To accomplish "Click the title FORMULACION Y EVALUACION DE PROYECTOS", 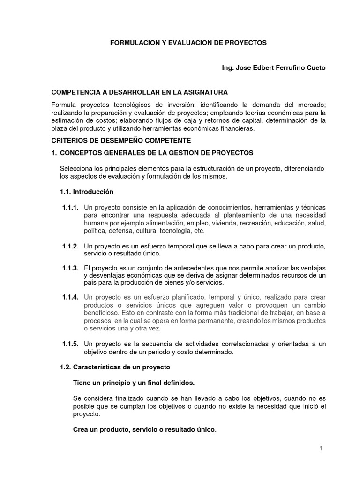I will tap(188, 43).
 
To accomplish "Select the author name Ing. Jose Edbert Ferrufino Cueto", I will tap(273, 68).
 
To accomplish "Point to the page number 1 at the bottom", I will tap(321, 449).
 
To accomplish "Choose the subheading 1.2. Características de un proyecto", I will tap(115, 367).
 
